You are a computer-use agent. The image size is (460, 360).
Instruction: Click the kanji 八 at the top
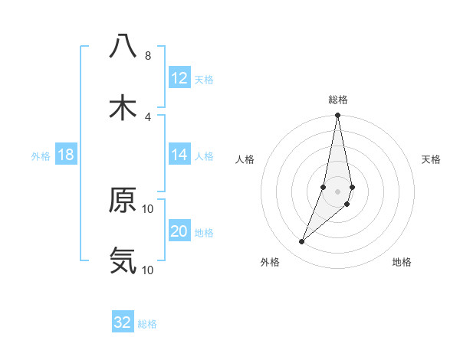tap(123, 47)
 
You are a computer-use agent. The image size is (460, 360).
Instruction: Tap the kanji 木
tap(123, 107)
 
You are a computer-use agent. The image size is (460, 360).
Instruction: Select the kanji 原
tap(123, 200)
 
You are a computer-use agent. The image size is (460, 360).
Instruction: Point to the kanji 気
tap(123, 260)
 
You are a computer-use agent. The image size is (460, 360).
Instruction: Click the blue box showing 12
tap(179, 78)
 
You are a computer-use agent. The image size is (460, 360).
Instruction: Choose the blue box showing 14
tap(179, 155)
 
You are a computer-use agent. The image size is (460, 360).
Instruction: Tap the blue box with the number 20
tap(179, 231)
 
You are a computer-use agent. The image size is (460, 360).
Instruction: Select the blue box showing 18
tap(66, 155)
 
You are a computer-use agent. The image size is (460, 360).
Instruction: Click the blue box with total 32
tap(123, 322)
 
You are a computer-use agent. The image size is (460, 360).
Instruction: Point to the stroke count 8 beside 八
tap(147, 56)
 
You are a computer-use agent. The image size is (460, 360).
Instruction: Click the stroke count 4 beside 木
tap(147, 116)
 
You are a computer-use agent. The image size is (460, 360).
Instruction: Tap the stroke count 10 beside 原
tap(148, 208)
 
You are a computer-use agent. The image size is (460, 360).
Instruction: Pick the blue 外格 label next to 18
tap(41, 155)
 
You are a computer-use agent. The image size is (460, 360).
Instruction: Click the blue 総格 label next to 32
tap(148, 323)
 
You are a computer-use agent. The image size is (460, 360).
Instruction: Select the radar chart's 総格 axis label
tap(338, 100)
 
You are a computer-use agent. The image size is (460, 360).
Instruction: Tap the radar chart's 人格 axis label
tap(245, 159)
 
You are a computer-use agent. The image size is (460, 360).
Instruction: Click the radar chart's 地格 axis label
tap(402, 262)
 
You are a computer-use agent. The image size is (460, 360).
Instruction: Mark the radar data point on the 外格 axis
tap(302, 242)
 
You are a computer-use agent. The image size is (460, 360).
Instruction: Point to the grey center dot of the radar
tap(338, 191)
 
